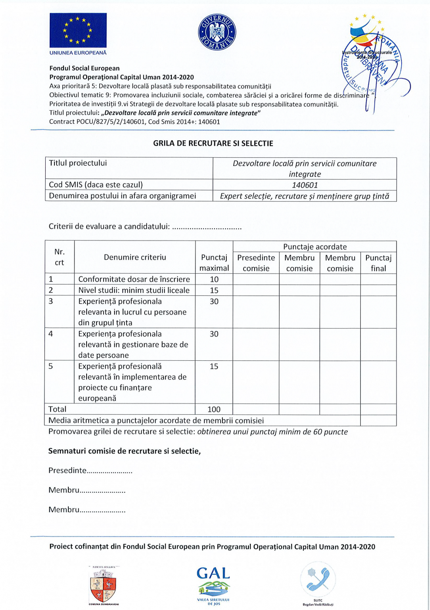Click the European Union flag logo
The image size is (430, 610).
[78, 30]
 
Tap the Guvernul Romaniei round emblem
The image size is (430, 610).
[217, 32]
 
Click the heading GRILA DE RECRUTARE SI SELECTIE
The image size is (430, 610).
[213, 143]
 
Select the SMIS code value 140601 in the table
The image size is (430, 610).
[305, 185]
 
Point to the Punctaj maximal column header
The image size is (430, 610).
[214, 263]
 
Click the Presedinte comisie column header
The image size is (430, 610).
[256, 263]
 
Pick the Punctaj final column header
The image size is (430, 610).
[378, 263]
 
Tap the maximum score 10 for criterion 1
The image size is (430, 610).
[214, 279]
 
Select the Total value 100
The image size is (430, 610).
[214, 409]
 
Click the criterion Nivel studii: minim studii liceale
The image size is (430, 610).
[134, 290]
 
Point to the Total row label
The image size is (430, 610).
[57, 409]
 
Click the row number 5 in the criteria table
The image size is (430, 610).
[51, 366]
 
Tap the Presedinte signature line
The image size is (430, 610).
[91, 471]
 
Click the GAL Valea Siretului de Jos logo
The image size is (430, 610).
[213, 585]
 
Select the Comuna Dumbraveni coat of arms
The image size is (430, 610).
[104, 585]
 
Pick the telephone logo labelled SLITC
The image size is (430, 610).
[318, 582]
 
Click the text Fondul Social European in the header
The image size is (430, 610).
[84, 68]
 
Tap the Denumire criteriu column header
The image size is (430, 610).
[135, 257]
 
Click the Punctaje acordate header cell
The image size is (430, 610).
[315, 247]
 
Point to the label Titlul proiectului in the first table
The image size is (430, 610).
[78, 163]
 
